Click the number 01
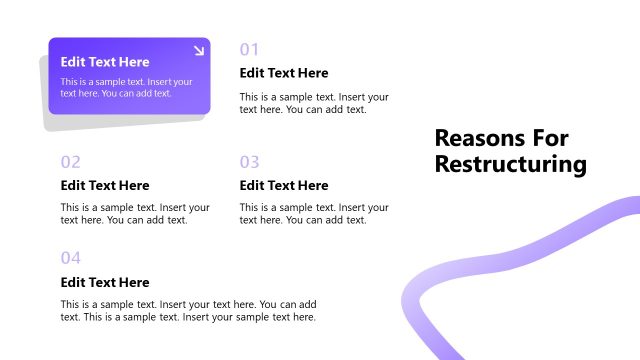[250, 49]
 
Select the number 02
[70, 161]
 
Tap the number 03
[250, 161]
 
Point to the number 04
[70, 258]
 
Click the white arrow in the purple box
[198, 50]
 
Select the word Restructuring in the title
[510, 164]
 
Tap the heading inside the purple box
[104, 62]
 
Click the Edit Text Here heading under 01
[284, 73]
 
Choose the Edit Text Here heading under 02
[104, 185]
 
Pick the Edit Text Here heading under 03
[284, 185]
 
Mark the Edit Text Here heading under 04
[104, 282]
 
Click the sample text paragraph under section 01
[314, 103]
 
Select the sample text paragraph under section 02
[135, 214]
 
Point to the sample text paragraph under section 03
[314, 214]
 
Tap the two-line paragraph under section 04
[188, 310]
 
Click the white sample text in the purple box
[126, 87]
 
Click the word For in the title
[556, 139]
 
